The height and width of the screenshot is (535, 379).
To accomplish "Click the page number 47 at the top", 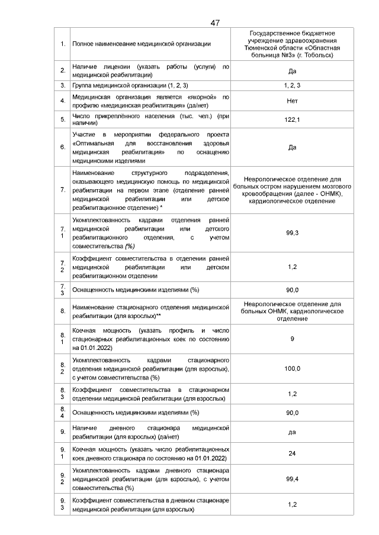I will pos(215,22).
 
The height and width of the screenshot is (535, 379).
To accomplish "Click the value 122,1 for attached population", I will pos(292,120).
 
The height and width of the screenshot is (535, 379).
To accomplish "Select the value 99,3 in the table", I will pos(292,233).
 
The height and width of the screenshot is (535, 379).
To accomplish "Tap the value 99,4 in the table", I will pos(292,479).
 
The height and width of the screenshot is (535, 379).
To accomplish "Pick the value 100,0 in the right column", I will pos(292,368).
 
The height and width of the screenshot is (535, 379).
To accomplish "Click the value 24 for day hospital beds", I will pos(292,454).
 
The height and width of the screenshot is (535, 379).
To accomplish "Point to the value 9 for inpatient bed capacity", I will pos(292,339).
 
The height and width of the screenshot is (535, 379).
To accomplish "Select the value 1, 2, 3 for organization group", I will pos(292,86).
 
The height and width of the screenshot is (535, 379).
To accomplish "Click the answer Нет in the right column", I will pos(292,100).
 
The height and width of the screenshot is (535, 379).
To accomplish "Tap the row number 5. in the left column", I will pos(63,120).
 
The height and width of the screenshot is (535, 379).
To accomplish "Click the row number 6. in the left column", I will pos(63,147).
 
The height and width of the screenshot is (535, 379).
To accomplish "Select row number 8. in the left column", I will pos(63,310).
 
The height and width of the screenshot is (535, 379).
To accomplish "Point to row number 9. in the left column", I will pos(63,432).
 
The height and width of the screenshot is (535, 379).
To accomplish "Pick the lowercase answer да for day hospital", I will pos(292,432).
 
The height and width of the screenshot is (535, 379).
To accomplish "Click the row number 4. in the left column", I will pos(63,100).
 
